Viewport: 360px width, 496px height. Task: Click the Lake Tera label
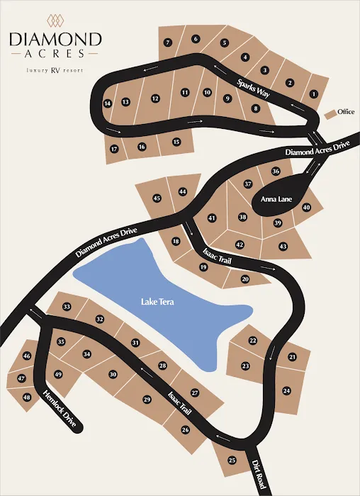click(157, 302)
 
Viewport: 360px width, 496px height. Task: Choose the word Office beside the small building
click(346, 112)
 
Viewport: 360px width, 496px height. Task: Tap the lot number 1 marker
click(314, 94)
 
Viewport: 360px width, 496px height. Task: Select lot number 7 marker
click(168, 43)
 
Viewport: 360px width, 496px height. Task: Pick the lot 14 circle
click(108, 103)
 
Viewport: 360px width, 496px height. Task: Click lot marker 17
click(113, 149)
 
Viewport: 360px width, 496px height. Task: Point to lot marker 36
click(276, 171)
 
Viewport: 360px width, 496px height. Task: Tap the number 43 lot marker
click(283, 246)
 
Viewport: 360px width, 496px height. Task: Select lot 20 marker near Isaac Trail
click(245, 279)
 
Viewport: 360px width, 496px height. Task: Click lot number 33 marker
click(67, 307)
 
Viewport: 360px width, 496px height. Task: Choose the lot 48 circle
click(27, 398)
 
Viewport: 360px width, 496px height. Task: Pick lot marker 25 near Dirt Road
click(232, 461)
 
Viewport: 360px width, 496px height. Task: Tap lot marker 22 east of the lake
click(252, 341)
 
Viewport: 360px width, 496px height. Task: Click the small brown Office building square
click(330, 113)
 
